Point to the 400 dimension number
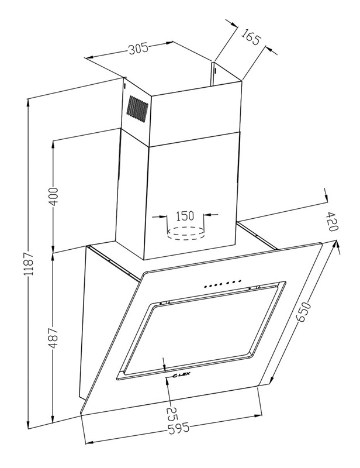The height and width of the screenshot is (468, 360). click(x=53, y=195)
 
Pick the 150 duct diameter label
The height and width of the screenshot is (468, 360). click(x=185, y=215)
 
